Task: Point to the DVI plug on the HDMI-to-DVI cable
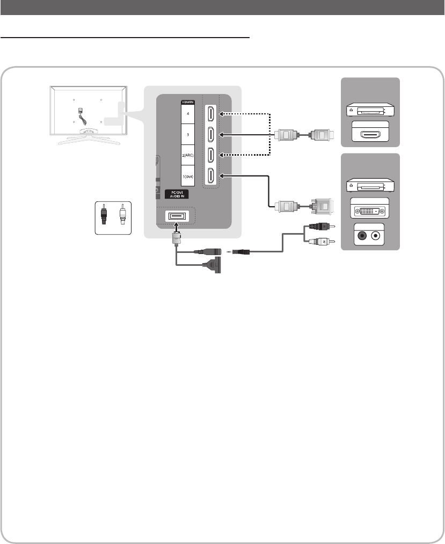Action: (x=321, y=205)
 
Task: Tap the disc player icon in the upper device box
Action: (x=370, y=111)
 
